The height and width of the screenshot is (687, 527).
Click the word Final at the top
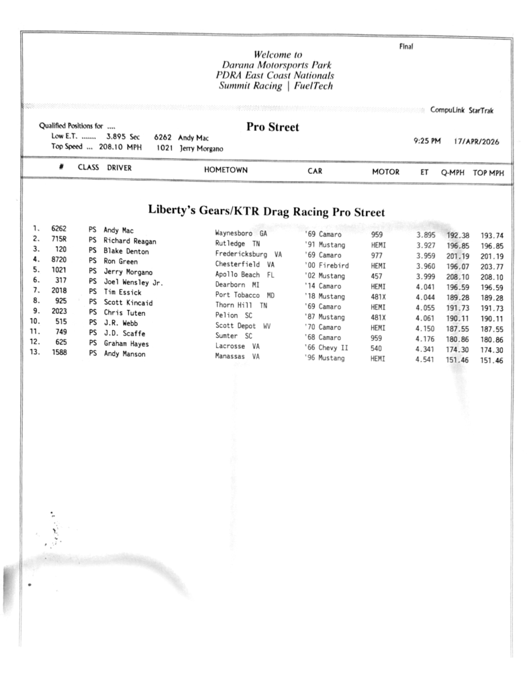tap(406, 46)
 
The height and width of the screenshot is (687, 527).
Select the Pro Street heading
tap(273, 127)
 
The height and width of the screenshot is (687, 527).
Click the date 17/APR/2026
tap(477, 142)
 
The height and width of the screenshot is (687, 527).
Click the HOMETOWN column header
tap(226, 171)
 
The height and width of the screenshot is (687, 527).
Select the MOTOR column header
tap(385, 172)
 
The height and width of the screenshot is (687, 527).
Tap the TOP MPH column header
tap(488, 172)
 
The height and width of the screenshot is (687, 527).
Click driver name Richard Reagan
tap(130, 241)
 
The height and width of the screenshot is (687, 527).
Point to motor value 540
tap(377, 348)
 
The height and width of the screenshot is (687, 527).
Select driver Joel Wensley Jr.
tap(134, 282)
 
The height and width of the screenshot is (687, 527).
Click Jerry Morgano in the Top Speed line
tap(201, 148)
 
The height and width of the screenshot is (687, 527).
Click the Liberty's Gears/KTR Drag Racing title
tap(267, 212)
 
